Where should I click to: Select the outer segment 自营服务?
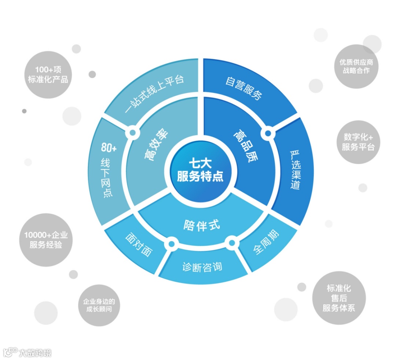pos(244,88)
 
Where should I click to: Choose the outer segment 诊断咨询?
pos(202,267)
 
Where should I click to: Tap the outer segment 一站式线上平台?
pos(154,93)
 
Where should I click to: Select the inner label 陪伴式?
pos(202,224)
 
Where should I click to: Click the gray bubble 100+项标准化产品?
pos(48,74)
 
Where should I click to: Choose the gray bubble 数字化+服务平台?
pos(358,142)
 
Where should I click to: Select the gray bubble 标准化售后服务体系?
pos(339,298)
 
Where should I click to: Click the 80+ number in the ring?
pos(109,148)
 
